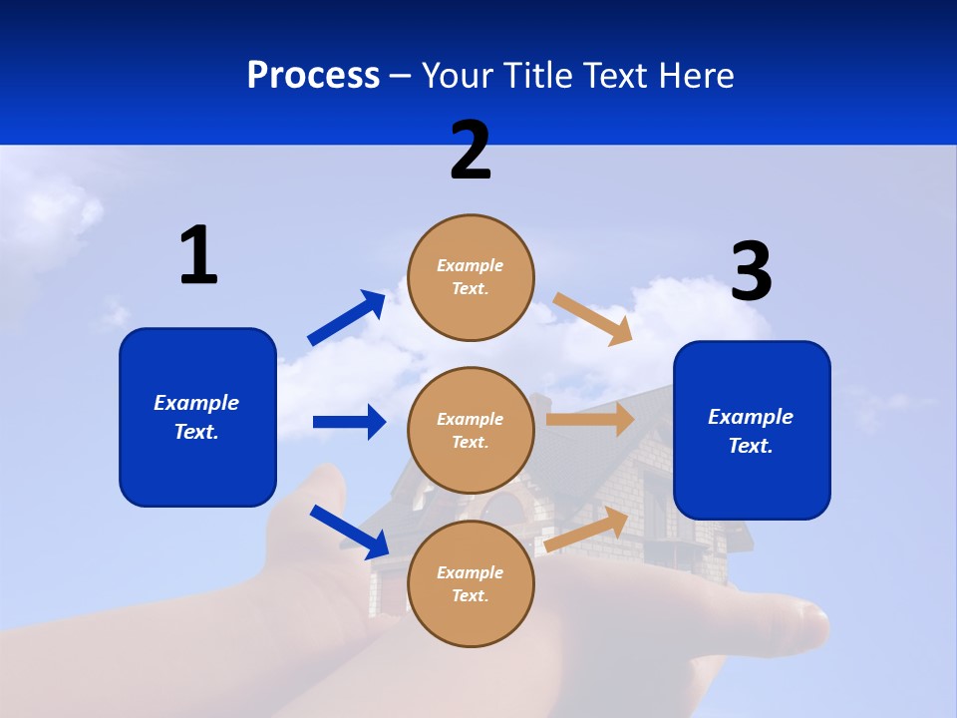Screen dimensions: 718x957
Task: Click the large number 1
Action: (x=198, y=256)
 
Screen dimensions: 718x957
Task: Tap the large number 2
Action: (x=471, y=151)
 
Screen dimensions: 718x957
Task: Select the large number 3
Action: (x=751, y=272)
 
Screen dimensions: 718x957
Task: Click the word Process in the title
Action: (x=313, y=75)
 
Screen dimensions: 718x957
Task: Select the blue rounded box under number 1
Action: (x=197, y=417)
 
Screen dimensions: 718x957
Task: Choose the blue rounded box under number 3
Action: (x=752, y=431)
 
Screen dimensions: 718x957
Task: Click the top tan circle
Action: (x=471, y=277)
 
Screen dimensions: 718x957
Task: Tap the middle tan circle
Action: (x=471, y=431)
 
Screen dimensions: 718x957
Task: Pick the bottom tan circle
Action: (x=471, y=584)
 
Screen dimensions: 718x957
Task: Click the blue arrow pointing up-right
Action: (x=347, y=317)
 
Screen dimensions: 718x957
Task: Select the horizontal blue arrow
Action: (x=349, y=422)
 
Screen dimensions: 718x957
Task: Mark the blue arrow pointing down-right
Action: (x=349, y=532)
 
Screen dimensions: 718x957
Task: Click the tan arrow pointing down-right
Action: (x=593, y=318)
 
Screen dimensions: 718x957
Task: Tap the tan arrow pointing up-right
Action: (x=586, y=530)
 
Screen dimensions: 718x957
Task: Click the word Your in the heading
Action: (x=457, y=75)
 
